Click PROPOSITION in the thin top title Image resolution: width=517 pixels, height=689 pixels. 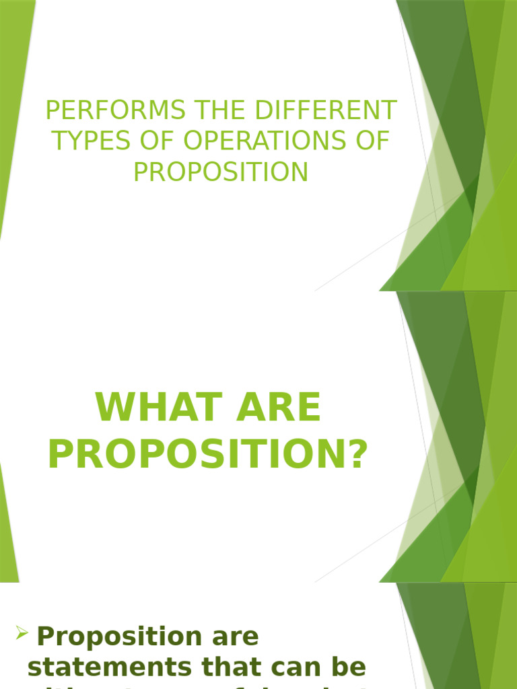coord(221,172)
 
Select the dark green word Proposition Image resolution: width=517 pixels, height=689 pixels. coord(120,637)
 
